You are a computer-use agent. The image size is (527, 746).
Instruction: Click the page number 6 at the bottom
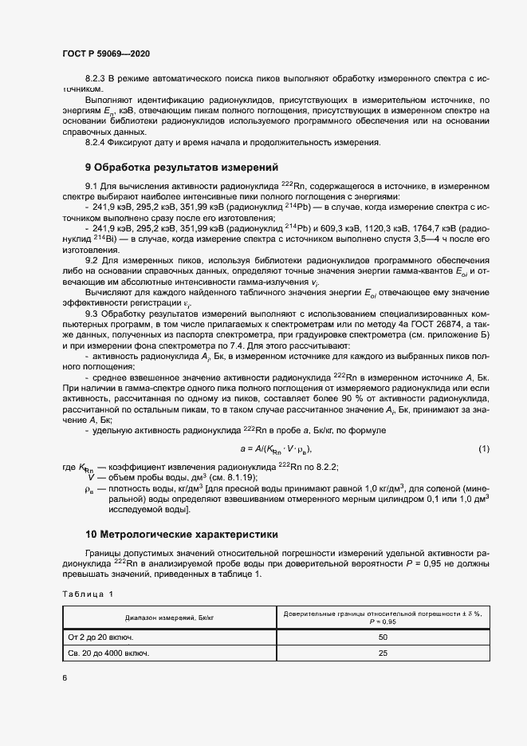pos(65,677)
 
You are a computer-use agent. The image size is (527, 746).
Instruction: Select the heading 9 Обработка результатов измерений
pos(181,168)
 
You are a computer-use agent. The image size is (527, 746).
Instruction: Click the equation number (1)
pos(484,449)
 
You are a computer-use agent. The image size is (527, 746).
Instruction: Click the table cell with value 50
pos(382,637)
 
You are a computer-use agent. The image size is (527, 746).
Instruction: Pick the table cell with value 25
pos(382,653)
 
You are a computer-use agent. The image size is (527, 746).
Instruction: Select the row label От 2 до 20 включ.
pos(100,637)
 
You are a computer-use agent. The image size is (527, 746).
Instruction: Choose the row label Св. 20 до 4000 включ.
pos(109,653)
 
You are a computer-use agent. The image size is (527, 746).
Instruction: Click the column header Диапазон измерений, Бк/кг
pos(168,618)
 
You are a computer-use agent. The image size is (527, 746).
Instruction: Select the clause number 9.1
pos(91,185)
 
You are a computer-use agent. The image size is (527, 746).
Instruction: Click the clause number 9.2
pos(91,260)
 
